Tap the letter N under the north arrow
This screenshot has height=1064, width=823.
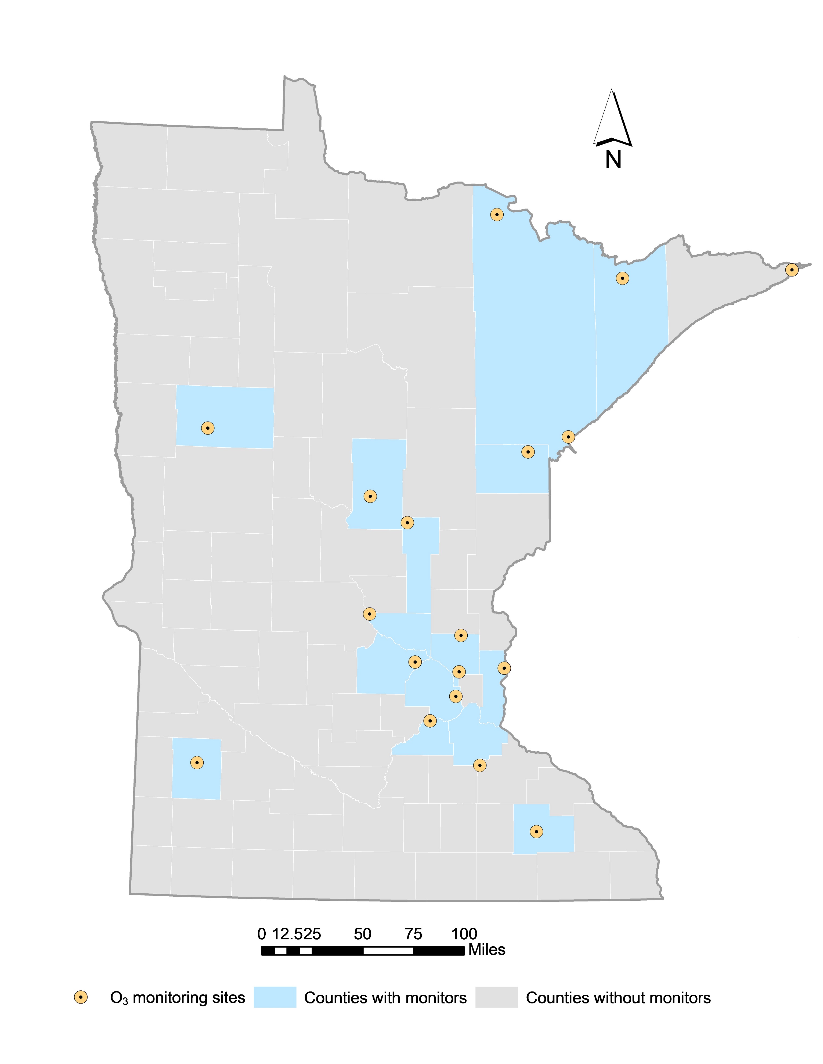coord(613,159)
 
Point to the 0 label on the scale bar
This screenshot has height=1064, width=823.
coord(262,934)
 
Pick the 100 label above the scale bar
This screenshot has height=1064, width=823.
coord(464,934)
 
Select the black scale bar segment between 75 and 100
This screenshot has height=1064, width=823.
coord(438,951)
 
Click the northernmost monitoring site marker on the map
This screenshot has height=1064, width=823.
coord(496,214)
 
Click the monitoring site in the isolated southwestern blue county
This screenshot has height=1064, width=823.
coord(197,763)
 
